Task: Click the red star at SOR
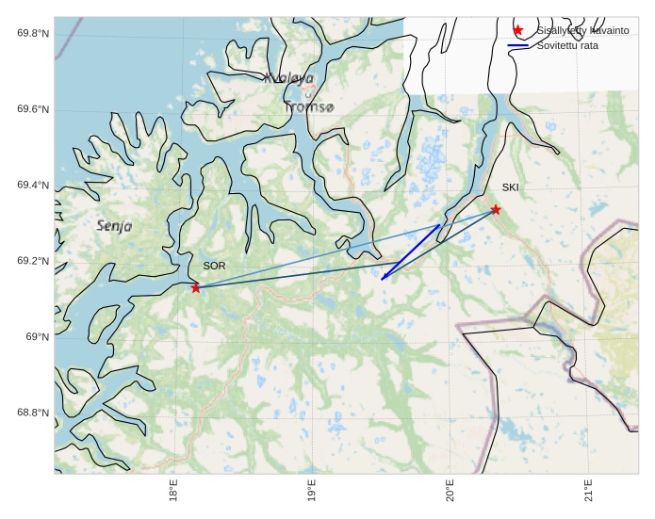pos(196,287)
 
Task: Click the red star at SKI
pos(496,209)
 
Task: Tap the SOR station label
pos(214,267)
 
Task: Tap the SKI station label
pos(510,187)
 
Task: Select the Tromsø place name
pos(309,107)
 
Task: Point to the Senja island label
pos(114,226)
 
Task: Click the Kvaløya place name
pos(289,79)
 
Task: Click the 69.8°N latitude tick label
pos(33,34)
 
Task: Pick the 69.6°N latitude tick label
pos(33,110)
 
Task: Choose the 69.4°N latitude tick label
pos(33,186)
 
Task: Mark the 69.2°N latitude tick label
pos(33,261)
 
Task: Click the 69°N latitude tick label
pos(37,337)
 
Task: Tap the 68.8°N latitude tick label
pos(33,413)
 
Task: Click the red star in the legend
pos(517,31)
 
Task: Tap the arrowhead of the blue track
pos(383,278)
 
